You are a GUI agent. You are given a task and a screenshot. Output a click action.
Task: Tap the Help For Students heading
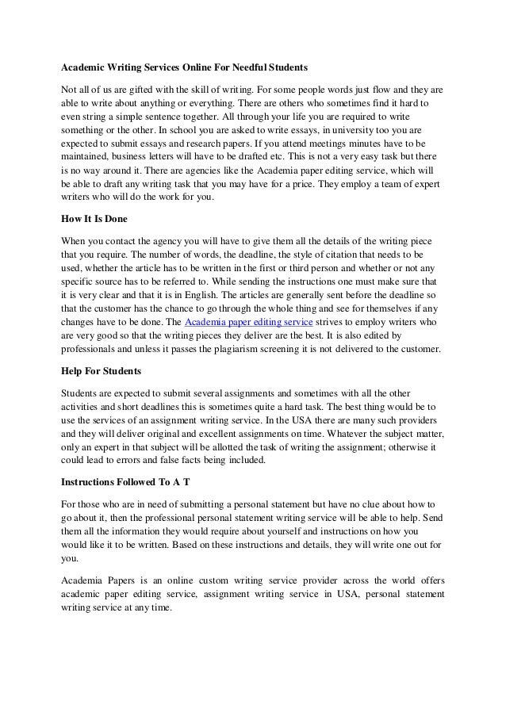point(102,370)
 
